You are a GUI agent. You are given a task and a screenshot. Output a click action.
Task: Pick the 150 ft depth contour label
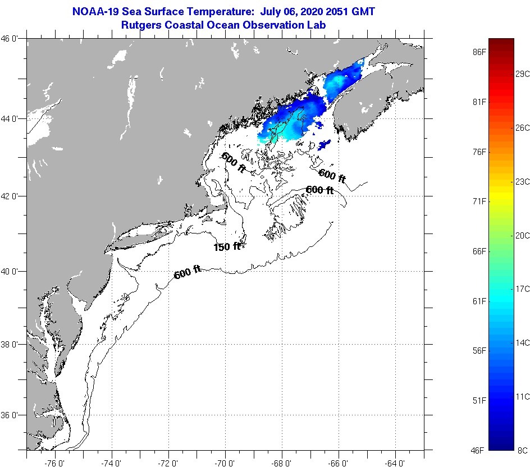click(x=227, y=246)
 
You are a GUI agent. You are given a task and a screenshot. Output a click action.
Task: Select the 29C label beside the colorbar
click(x=522, y=74)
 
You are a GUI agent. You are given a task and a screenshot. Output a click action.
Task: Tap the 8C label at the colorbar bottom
click(x=522, y=450)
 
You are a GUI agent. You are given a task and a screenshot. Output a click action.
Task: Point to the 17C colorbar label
click(x=522, y=289)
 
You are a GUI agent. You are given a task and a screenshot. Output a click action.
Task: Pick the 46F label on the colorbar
click(x=478, y=450)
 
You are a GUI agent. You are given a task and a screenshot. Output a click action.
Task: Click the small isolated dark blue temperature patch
click(x=323, y=145)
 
